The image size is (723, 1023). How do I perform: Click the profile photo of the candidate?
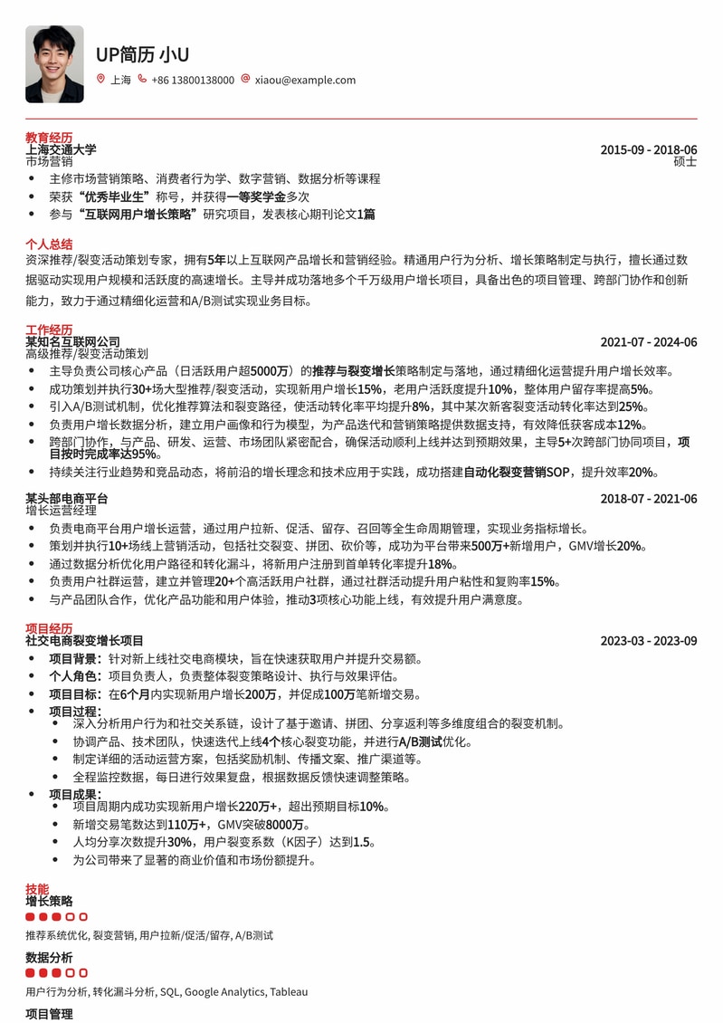coord(54,63)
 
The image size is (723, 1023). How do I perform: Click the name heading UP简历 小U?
coord(142,54)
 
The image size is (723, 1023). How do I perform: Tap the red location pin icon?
coord(100,80)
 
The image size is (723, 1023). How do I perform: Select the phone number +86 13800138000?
coord(193,80)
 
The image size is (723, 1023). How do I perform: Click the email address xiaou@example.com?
coord(305,80)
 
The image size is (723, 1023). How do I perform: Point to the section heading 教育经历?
coord(49,138)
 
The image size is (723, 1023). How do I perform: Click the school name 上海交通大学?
coord(61,149)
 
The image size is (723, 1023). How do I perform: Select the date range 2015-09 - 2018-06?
coord(648,149)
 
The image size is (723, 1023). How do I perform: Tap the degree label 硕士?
coord(685,161)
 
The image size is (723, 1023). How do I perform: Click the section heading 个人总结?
coord(49,244)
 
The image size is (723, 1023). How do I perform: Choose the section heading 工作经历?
coord(49,330)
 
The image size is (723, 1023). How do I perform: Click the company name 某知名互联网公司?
coord(72,341)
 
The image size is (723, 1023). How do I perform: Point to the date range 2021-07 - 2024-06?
coord(648,341)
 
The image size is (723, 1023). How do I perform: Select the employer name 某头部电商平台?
coord(66,499)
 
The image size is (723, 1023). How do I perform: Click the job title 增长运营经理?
coord(61,511)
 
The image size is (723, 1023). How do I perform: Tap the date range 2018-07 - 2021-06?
coord(648,499)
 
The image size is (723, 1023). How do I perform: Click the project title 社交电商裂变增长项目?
coord(84,640)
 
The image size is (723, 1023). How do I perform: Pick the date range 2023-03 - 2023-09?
coord(648,640)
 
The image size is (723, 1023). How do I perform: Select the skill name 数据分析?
coord(49,958)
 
